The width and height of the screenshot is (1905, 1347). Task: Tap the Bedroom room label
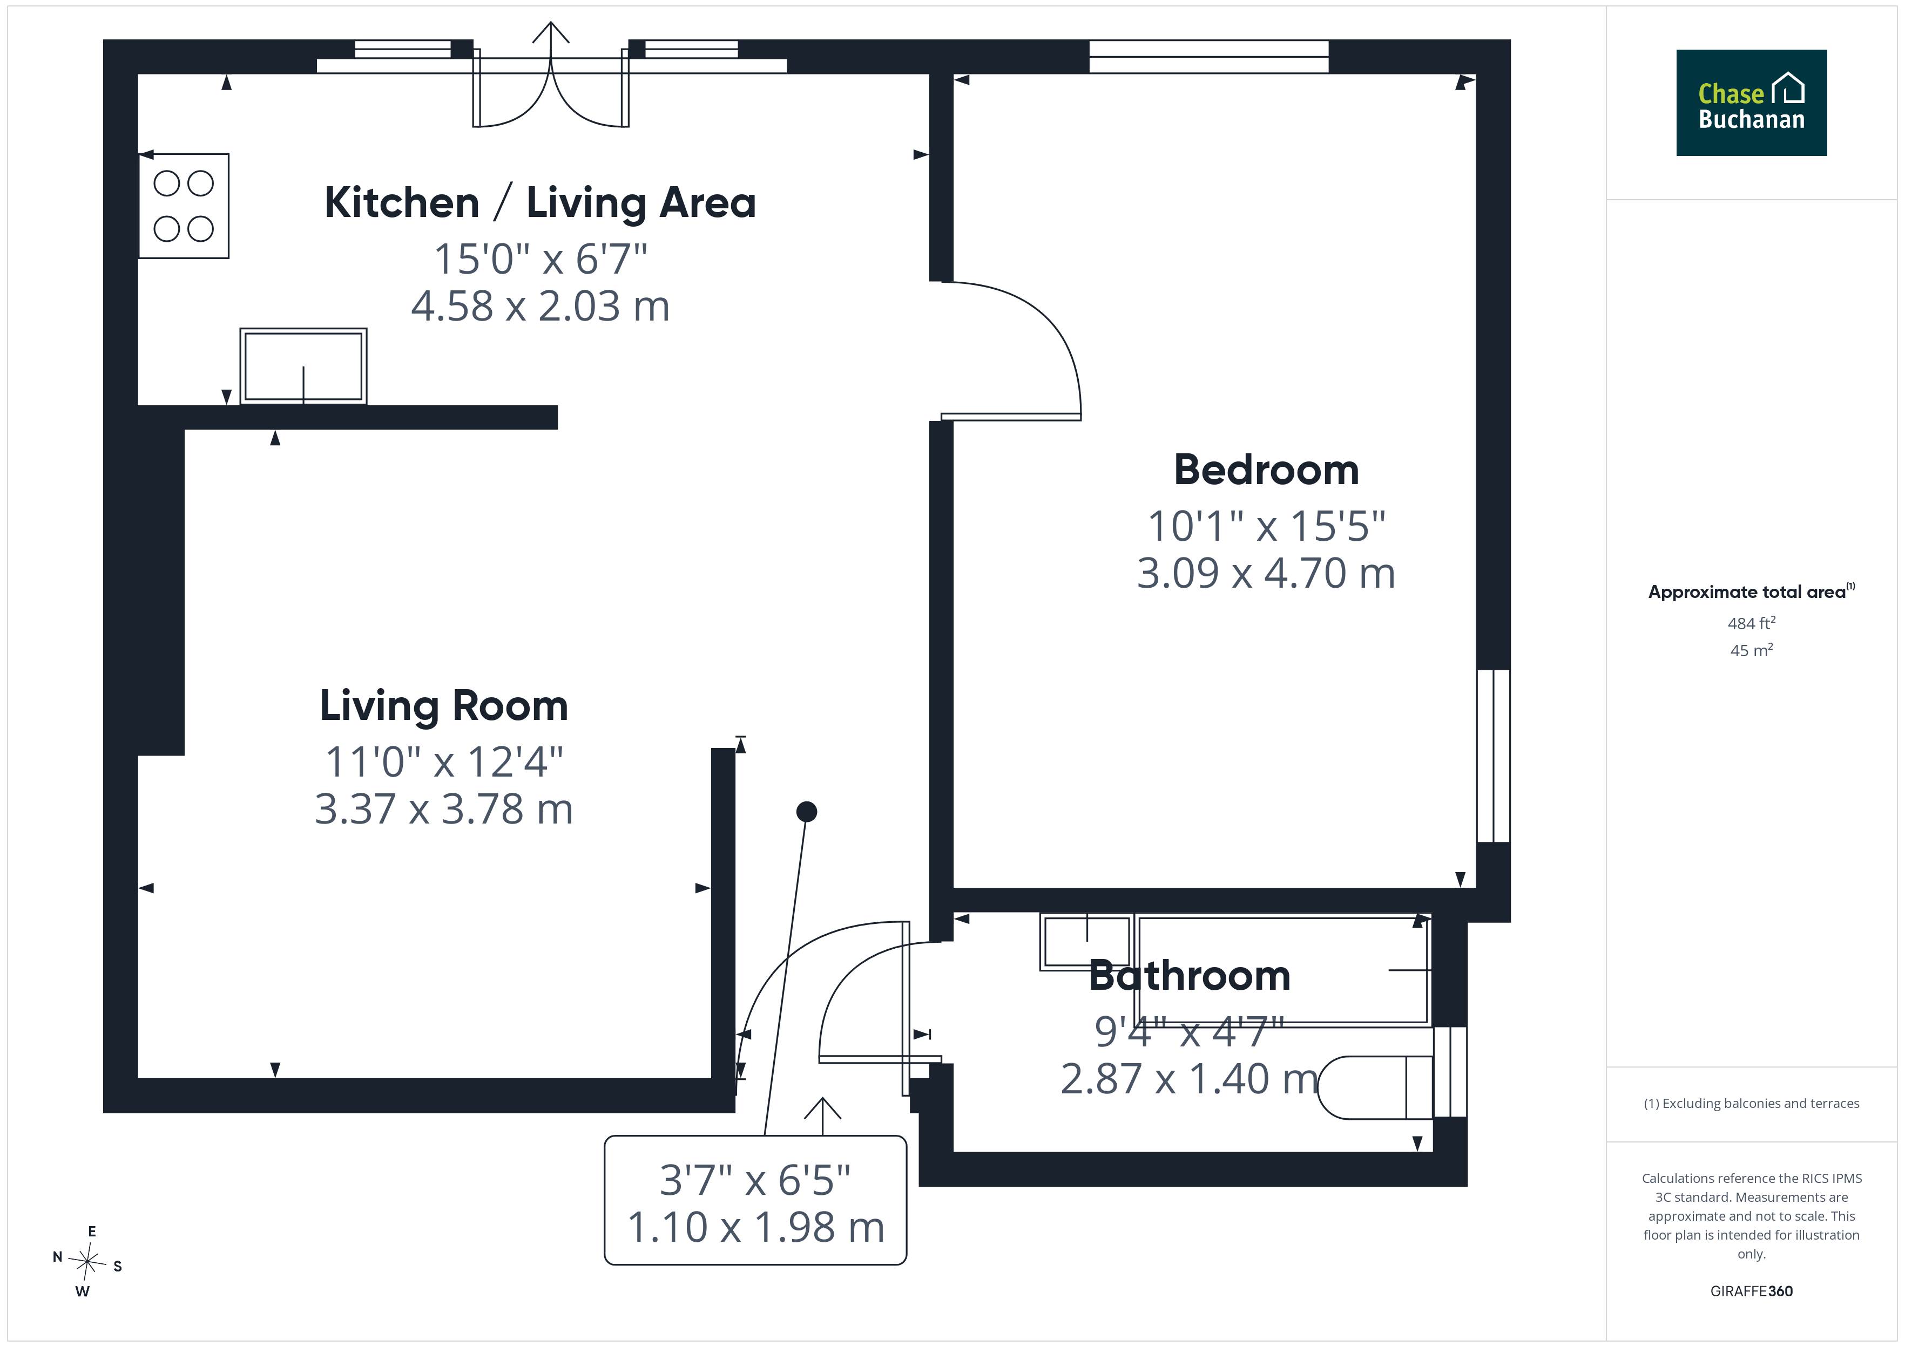pos(1266,470)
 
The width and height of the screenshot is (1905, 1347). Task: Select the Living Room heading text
pos(444,706)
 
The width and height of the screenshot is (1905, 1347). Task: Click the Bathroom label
pos(1190,975)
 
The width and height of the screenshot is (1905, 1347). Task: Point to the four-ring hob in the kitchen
pos(184,206)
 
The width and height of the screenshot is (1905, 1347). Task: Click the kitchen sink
pos(303,366)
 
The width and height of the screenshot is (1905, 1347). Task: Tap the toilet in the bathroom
pos(1375,1087)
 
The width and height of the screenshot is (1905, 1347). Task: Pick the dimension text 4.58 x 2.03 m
pos(540,306)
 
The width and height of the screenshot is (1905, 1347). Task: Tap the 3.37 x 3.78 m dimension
pos(444,809)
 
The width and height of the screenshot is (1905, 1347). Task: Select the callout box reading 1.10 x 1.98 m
pos(755,1200)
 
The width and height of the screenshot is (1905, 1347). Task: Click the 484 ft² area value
pos(1752,623)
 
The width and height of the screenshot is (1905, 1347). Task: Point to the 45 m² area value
pos(1752,650)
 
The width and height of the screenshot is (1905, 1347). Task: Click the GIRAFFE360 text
pos(1752,1291)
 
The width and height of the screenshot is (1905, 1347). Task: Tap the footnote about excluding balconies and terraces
pos(1752,1103)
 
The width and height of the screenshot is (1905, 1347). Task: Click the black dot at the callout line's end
pos(807,812)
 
